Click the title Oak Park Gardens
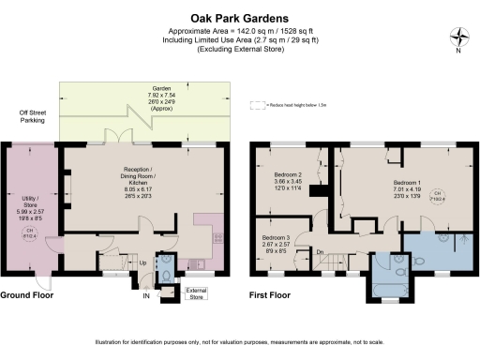click(x=239, y=17)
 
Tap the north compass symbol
click(x=458, y=38)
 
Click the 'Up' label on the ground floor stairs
click(x=142, y=264)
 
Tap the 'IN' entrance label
click(x=145, y=296)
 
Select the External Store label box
click(x=196, y=295)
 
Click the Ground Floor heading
click(x=26, y=294)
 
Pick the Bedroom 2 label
click(x=286, y=181)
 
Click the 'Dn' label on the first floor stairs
click(x=320, y=252)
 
